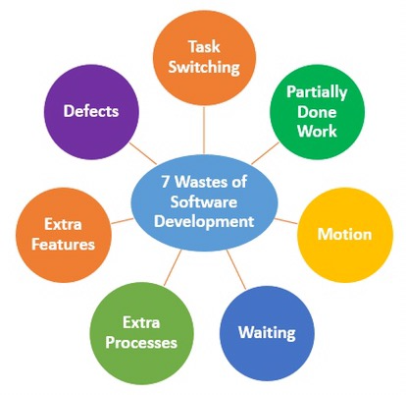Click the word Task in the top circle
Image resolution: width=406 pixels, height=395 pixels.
tap(204, 46)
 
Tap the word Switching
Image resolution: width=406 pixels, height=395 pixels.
tap(204, 67)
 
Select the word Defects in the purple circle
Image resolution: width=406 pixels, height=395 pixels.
tap(91, 111)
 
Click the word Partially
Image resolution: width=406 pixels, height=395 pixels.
tap(317, 92)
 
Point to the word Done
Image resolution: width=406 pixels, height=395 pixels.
tap(317, 112)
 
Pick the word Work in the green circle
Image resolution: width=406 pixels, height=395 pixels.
tap(317, 131)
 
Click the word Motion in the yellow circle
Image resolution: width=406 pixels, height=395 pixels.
tap(344, 234)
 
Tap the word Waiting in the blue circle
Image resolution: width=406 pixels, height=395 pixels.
tap(267, 333)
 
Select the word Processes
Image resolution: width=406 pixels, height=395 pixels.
tap(141, 343)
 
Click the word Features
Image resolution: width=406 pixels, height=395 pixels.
tap(63, 245)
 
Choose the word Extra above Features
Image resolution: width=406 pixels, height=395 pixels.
tap(63, 225)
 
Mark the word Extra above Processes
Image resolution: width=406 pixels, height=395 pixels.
tap(141, 323)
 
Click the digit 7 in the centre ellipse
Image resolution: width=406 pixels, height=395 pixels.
tap(166, 182)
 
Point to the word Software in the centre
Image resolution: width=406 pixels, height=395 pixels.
tap(204, 201)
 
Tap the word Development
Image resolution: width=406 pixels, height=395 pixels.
tap(204, 222)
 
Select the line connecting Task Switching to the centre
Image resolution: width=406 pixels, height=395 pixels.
tap(204, 130)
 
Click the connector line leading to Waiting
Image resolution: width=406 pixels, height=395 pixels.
tap(236, 269)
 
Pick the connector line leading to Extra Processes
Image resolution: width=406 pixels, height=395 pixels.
tap(173, 267)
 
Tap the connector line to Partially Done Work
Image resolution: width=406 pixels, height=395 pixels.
tap(265, 153)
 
